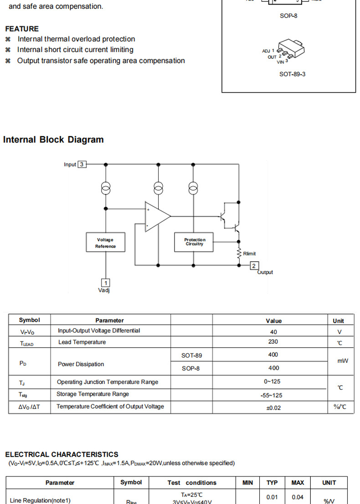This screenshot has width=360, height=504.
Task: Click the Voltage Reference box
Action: pyautogui.click(x=105, y=243)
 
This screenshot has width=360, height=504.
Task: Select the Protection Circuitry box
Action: pyautogui.click(x=195, y=242)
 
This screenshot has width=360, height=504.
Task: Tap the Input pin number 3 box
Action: pyautogui.click(x=82, y=164)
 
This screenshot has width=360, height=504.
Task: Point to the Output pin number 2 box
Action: pyautogui.click(x=254, y=265)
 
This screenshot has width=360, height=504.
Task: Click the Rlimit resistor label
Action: pyautogui.click(x=249, y=254)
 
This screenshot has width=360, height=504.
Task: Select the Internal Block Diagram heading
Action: pyautogui.click(x=53, y=140)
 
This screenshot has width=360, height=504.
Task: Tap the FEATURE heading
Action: pyautogui.click(x=22, y=29)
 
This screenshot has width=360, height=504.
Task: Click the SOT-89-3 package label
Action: pyautogui.click(x=292, y=74)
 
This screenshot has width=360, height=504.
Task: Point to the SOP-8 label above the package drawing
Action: pyautogui.click(x=288, y=15)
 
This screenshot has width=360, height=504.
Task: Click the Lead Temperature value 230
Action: pyautogui.click(x=273, y=342)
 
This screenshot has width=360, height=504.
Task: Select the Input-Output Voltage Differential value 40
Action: pyautogui.click(x=273, y=332)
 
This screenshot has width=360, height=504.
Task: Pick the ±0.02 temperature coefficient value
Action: pyautogui.click(x=273, y=407)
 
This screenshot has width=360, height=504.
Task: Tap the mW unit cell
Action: pyautogui.click(x=343, y=361)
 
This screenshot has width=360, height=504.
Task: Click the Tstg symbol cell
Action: pyautogui.click(x=23, y=395)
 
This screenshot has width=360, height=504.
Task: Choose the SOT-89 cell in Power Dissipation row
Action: pyautogui.click(x=191, y=355)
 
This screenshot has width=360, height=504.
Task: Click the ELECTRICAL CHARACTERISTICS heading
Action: pyautogui.click(x=62, y=454)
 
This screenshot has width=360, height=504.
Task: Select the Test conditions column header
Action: pyautogui.click(x=192, y=483)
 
